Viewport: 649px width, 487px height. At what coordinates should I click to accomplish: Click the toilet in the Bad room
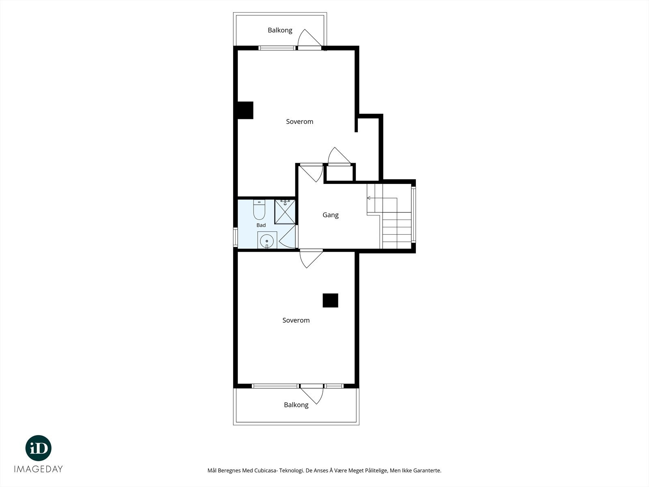pos(259,210)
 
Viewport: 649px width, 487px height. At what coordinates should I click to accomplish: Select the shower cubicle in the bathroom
pos(285,212)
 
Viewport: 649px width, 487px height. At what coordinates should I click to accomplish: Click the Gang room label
pos(330,215)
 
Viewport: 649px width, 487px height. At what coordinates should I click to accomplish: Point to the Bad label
pos(261,225)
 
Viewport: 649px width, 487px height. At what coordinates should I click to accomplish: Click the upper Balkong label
pos(280,30)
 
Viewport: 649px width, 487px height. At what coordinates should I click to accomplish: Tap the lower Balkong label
pos(296,405)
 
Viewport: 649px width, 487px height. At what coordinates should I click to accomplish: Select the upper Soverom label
pos(299,121)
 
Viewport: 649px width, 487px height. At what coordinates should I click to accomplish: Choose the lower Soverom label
pos(296,320)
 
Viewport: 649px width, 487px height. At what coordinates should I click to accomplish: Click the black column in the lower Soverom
pos(330,300)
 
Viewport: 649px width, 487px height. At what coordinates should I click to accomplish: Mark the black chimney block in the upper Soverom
pos(245,110)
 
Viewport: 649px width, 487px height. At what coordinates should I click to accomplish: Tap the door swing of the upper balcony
pos(309,38)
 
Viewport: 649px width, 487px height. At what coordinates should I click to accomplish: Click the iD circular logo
pos(39,448)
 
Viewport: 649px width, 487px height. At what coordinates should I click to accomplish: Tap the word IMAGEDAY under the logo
pos(39,469)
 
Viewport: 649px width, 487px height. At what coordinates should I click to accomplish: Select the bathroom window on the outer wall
pos(235,237)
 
